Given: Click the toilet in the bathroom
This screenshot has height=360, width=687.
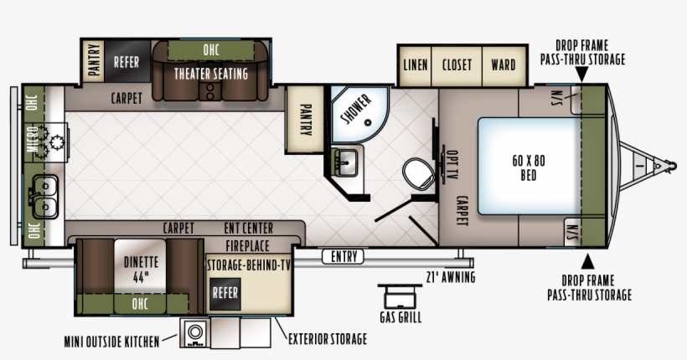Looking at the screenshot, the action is click(419, 174).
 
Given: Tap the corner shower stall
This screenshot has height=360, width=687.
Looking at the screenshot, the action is click(359, 115).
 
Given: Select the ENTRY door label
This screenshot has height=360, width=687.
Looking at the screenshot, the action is click(343, 257).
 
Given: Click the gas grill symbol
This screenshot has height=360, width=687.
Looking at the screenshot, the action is click(400, 297).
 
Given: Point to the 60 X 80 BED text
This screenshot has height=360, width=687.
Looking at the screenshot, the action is click(529, 167).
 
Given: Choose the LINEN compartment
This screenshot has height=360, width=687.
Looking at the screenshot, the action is click(415, 65).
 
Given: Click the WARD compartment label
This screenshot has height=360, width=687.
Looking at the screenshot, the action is click(504, 64).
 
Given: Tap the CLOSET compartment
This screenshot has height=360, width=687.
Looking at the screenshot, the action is click(457, 65).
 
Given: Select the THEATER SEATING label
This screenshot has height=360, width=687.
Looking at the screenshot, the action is click(211, 74).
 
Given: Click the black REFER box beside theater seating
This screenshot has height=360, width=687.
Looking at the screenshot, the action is click(127, 61).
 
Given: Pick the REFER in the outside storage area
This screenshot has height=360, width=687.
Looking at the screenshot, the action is click(225, 293).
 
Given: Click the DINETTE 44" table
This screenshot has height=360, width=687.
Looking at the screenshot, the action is click(140, 266).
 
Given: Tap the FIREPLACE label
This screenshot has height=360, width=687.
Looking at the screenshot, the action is click(247, 245).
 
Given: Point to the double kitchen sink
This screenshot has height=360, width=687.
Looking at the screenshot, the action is click(44, 196).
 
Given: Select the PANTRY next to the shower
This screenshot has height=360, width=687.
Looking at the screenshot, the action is click(305, 120).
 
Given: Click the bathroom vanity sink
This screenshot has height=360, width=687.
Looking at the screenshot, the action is click(346, 162).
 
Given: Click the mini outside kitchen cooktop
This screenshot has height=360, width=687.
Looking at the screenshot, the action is click(195, 332).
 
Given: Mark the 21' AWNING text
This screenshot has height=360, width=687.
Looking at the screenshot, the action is click(451, 277).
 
